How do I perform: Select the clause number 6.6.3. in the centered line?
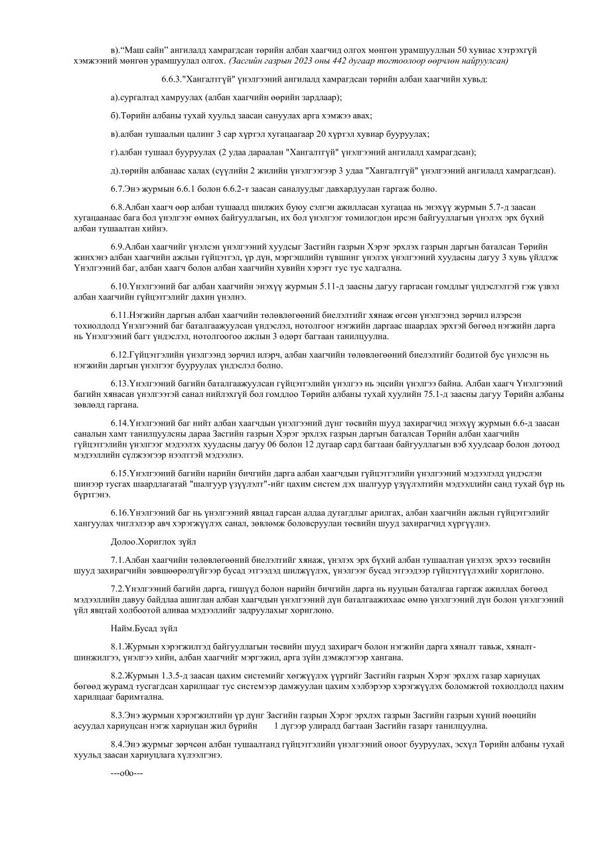174,79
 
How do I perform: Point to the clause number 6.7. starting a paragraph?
117,189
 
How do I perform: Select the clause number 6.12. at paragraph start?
120,355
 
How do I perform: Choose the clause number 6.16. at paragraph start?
120,512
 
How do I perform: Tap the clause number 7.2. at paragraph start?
117,589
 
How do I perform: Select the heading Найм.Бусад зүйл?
143,628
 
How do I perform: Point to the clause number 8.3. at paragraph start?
117,716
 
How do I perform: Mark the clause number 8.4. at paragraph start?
117,745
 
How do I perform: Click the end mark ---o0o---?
127,773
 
